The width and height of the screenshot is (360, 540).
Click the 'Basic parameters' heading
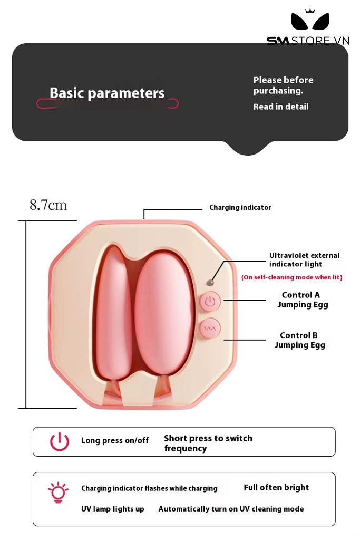107,93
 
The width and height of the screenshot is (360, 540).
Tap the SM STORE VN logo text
308,41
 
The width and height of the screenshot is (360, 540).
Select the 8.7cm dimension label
48,205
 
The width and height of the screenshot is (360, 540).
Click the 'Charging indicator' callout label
240,208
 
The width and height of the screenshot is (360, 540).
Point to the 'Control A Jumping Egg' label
302,300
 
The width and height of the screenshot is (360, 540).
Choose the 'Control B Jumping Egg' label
299,340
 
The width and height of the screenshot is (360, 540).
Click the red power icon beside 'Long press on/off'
60,441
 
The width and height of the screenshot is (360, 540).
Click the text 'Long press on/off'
115,441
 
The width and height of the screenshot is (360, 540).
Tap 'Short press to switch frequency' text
208,443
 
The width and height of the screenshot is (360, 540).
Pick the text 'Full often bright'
276,488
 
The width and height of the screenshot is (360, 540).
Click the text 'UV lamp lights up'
112,509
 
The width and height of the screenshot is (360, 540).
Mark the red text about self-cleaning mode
291,277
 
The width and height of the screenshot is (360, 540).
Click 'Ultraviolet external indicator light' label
304,260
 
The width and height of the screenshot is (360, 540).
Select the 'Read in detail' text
280,107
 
